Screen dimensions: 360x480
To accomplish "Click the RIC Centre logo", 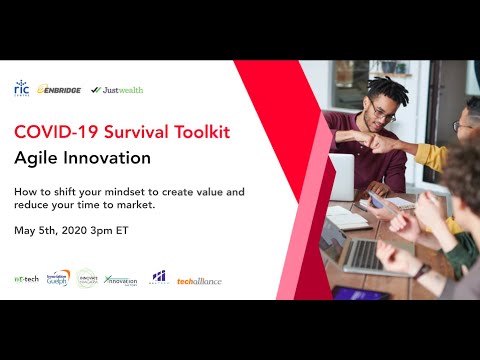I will coord(21,89).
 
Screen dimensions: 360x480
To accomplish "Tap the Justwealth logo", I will coord(117,89).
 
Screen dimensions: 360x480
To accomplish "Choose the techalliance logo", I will coord(199,281).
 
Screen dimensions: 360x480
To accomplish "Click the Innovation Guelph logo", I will coord(58,278).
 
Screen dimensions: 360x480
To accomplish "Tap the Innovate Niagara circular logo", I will coord(86,279).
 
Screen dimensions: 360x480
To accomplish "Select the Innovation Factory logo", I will coord(120,280).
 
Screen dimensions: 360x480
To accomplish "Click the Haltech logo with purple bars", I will coord(159,277).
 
